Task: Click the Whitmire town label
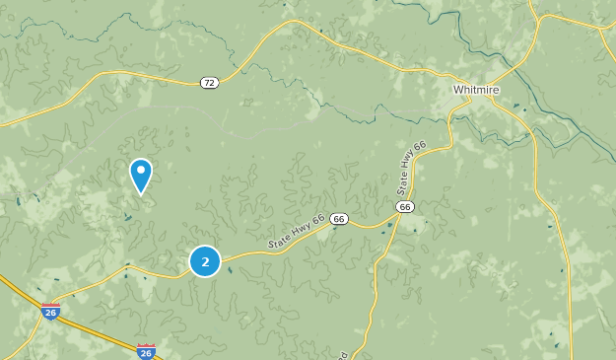click(x=476, y=90)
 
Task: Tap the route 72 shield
click(x=208, y=82)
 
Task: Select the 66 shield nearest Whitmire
click(x=405, y=206)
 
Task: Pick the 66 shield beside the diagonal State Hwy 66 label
click(x=339, y=219)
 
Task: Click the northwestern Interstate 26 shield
click(x=51, y=312)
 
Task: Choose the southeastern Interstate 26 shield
click(x=146, y=351)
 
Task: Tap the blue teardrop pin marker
click(x=141, y=176)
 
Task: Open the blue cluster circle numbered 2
click(x=205, y=261)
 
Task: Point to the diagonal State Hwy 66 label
click(x=296, y=232)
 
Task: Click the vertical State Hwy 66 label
click(x=412, y=167)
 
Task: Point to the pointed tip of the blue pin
click(x=141, y=193)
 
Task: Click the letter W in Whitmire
click(x=458, y=90)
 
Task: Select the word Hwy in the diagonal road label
click(x=298, y=231)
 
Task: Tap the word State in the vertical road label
click(x=404, y=182)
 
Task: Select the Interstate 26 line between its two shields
click(x=99, y=329)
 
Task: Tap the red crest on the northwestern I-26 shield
click(x=51, y=307)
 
